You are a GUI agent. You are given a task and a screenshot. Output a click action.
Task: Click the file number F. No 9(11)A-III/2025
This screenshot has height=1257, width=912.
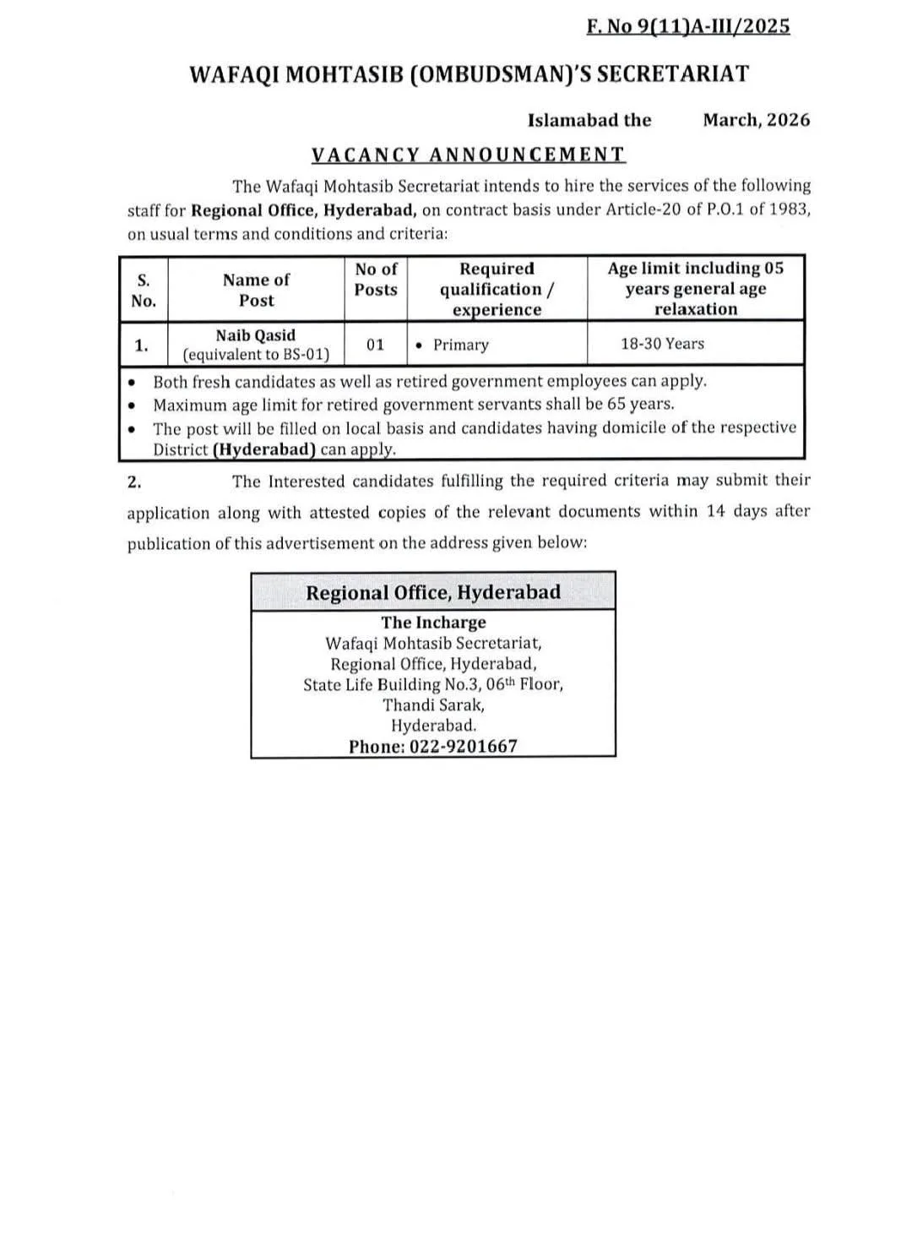coord(688,26)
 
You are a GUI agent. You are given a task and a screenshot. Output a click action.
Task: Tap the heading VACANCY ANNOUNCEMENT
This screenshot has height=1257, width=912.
coord(469,155)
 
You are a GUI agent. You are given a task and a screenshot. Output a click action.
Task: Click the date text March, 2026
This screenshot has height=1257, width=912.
coord(756,120)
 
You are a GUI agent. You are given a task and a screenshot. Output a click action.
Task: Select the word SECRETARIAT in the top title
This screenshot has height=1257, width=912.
coord(673,74)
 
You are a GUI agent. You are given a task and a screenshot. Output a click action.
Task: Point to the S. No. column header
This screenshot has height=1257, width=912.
coord(144,290)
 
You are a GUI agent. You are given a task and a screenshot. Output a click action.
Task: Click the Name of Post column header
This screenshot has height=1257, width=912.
coord(256,290)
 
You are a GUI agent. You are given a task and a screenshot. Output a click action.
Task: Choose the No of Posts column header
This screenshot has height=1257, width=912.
coord(376,280)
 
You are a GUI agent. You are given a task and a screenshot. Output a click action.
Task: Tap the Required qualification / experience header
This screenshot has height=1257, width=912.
coord(497,289)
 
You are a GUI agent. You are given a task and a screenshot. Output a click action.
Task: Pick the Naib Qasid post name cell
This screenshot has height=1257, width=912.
coord(256,335)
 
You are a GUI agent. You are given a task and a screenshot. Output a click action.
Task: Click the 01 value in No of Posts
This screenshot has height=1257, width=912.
coord(376,345)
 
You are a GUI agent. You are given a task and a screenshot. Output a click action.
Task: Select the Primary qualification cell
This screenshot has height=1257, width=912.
coord(460,345)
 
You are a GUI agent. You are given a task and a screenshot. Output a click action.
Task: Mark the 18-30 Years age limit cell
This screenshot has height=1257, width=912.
coord(662,344)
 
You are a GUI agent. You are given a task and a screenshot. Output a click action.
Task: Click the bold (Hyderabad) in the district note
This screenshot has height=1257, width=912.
coord(264,449)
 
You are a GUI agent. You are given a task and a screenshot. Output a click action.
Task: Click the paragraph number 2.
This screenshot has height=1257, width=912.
coord(133,482)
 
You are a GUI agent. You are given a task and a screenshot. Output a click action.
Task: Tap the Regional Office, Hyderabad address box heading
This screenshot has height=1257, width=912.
coord(433,592)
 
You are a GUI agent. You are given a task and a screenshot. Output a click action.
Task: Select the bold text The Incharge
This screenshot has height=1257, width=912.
coord(433,623)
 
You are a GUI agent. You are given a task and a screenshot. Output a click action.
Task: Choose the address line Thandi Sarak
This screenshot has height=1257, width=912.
coord(433,705)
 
